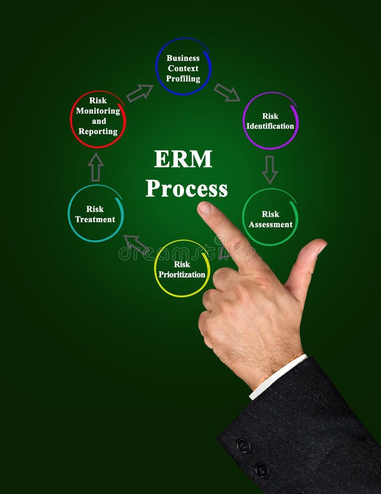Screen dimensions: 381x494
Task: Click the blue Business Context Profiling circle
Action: [183, 67]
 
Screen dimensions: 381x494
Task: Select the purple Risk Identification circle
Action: [270, 121]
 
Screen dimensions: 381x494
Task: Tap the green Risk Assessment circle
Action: [270, 218]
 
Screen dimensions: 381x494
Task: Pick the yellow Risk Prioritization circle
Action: [182, 268]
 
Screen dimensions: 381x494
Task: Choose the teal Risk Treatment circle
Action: [96, 214]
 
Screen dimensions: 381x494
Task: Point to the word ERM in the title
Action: [183, 159]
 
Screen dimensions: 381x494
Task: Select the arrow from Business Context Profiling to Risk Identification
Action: [227, 92]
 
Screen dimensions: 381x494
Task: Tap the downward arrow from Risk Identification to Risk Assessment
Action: [270, 170]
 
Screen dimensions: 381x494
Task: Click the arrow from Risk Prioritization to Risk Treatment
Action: [136, 244]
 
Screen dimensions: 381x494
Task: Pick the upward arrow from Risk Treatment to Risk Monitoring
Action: [96, 167]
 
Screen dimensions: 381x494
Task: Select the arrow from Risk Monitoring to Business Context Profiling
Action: [139, 93]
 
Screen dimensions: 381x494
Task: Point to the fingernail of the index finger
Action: [205, 209]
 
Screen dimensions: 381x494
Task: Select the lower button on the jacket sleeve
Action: [262, 470]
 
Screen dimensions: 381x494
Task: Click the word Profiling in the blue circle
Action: [183, 78]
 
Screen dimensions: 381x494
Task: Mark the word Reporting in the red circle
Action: [98, 132]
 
